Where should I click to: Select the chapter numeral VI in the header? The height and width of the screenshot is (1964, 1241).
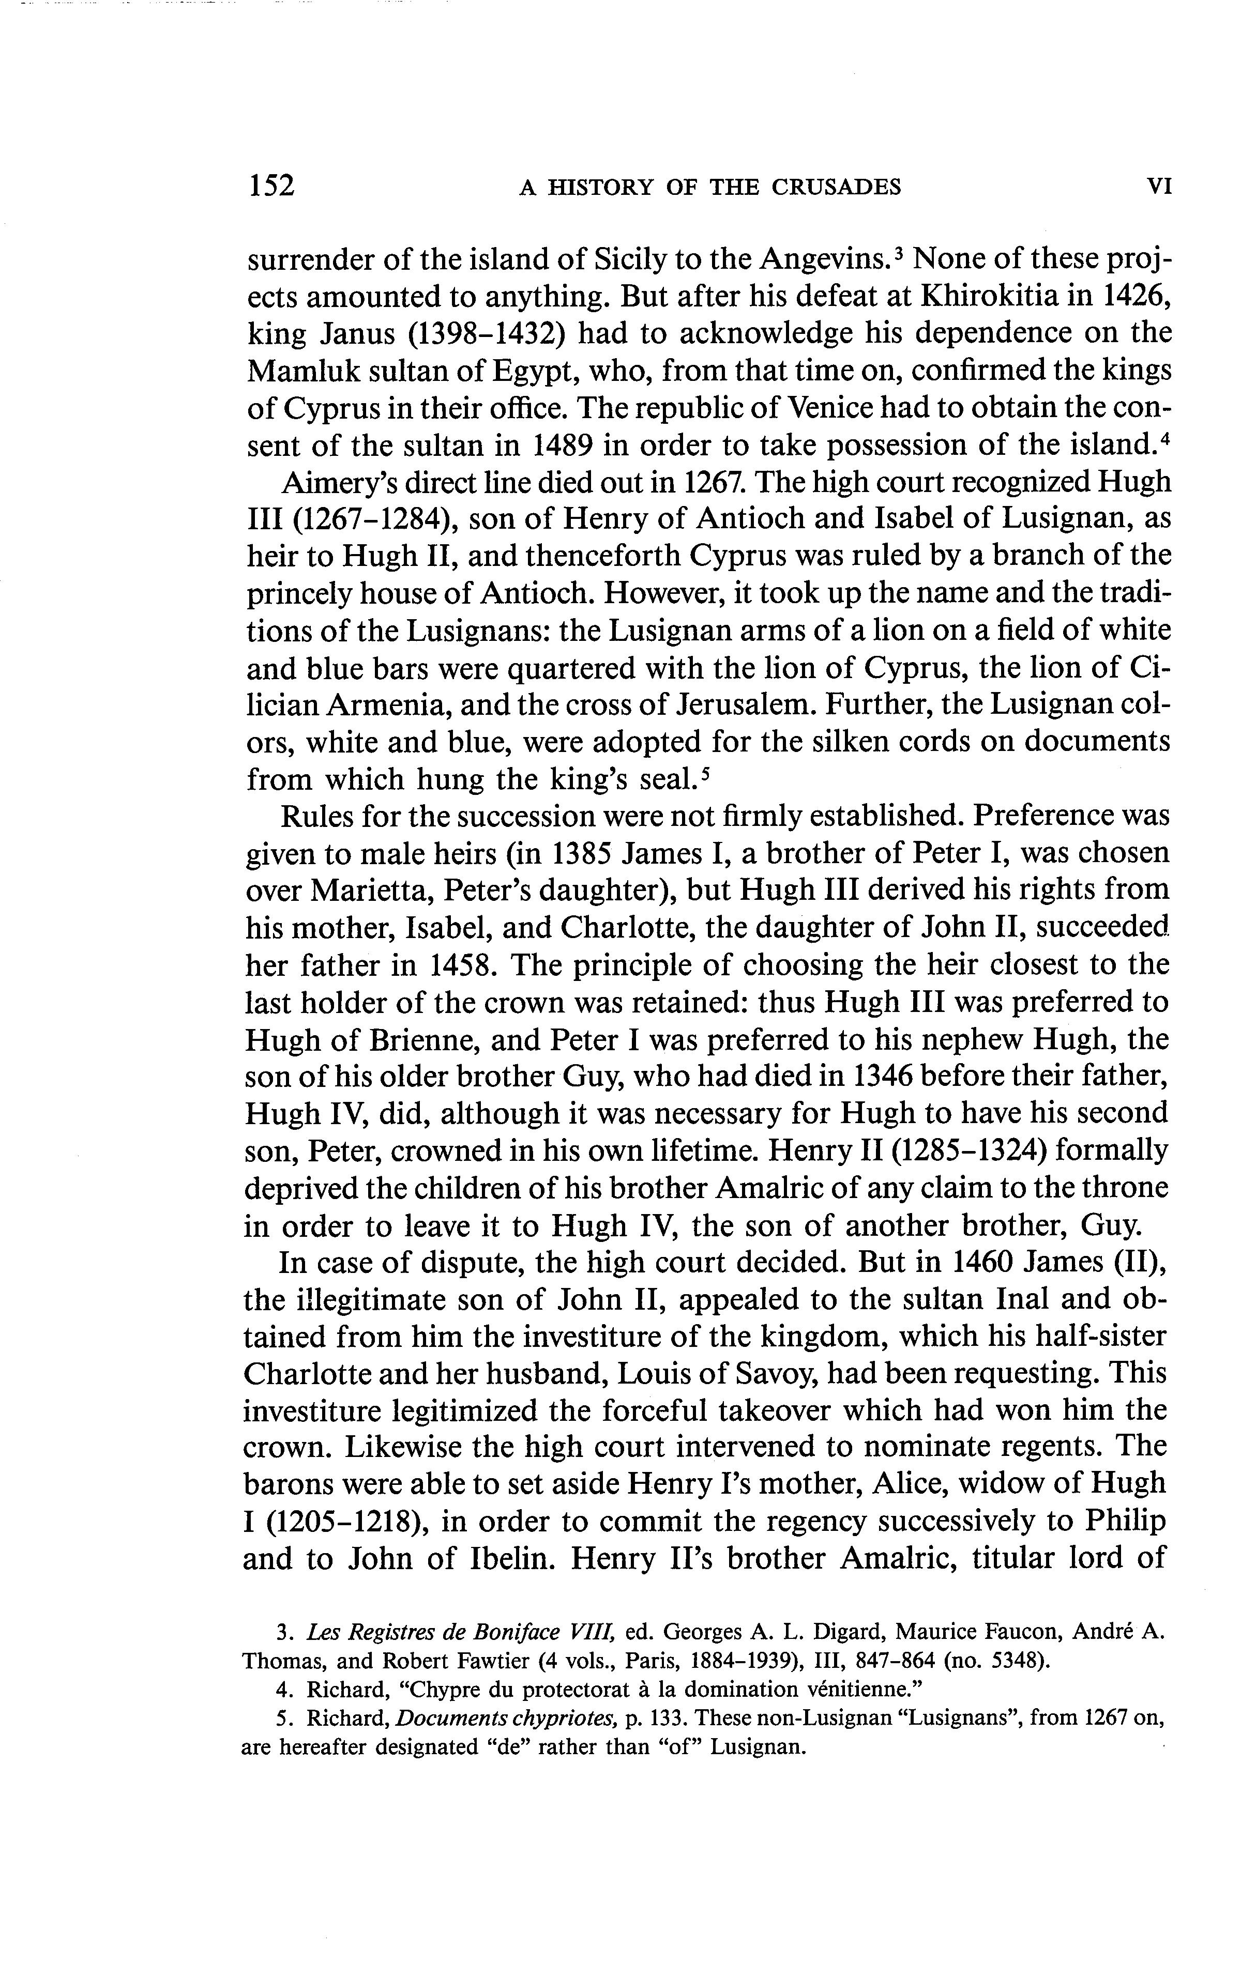click(1159, 187)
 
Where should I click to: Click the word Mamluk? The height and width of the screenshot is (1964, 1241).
click(299, 370)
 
